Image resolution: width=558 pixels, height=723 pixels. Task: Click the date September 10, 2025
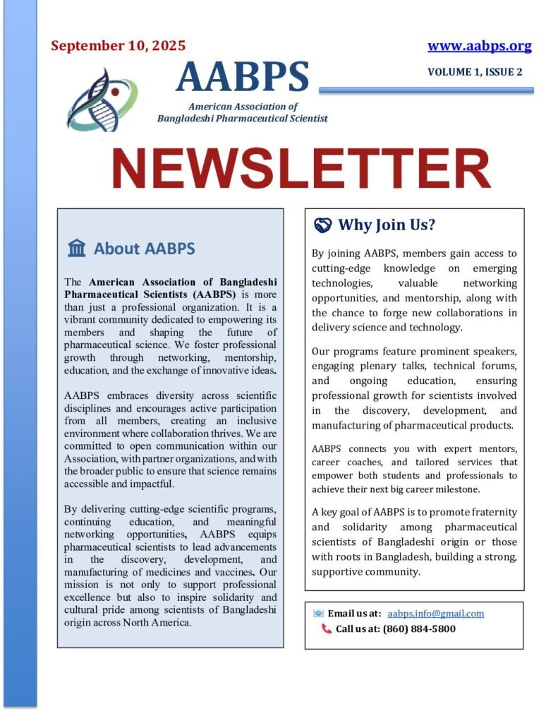(119, 47)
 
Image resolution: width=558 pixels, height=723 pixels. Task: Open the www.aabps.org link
(479, 47)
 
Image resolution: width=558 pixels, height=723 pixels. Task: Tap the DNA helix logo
(103, 100)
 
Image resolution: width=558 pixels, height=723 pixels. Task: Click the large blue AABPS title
(243, 77)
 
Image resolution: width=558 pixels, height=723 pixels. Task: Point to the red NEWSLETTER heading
(301, 169)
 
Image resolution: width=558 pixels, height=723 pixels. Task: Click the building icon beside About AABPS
(77, 249)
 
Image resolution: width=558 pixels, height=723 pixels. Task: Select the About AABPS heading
(145, 249)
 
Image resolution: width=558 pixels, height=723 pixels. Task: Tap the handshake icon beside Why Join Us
(322, 225)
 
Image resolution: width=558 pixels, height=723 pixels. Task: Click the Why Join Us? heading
(387, 225)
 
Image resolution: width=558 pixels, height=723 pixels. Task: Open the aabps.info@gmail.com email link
(436, 614)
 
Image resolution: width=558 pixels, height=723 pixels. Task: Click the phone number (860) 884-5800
(419, 628)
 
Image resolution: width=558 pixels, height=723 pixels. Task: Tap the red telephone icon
(326, 628)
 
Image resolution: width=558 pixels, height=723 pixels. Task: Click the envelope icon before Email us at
(319, 614)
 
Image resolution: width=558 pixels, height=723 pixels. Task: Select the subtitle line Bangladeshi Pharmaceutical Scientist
(243, 119)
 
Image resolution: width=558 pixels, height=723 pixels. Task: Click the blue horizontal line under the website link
(426, 90)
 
